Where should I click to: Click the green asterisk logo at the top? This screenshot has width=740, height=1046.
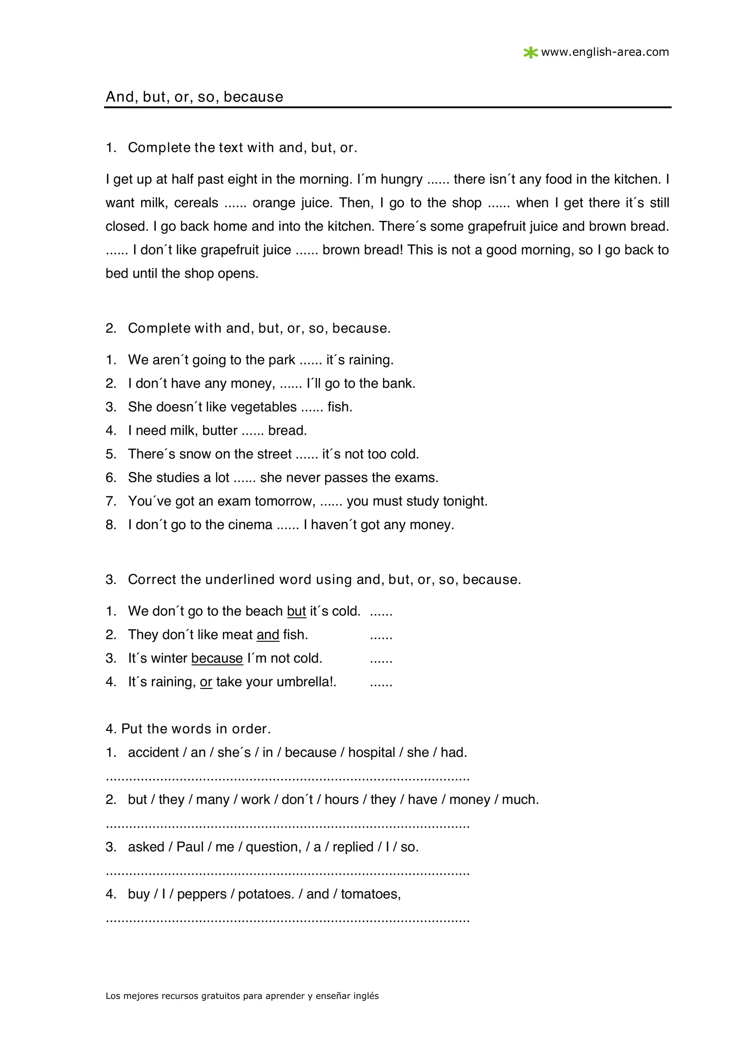[x=530, y=53]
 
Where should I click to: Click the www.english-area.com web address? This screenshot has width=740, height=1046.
[x=605, y=52]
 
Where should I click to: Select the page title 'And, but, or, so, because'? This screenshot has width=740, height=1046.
[x=194, y=97]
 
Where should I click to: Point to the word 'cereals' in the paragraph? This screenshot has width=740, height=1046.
[x=196, y=203]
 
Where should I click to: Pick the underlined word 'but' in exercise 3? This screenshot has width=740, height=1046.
[x=296, y=611]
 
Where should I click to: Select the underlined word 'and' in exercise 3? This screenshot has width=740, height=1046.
[x=268, y=634]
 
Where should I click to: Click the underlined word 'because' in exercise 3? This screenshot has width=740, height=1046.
[x=217, y=658]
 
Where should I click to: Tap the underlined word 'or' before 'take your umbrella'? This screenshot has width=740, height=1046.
[x=206, y=681]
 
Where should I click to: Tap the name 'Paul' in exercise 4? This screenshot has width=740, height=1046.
[x=190, y=846]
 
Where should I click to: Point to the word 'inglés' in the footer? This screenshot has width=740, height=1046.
[x=366, y=996]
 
